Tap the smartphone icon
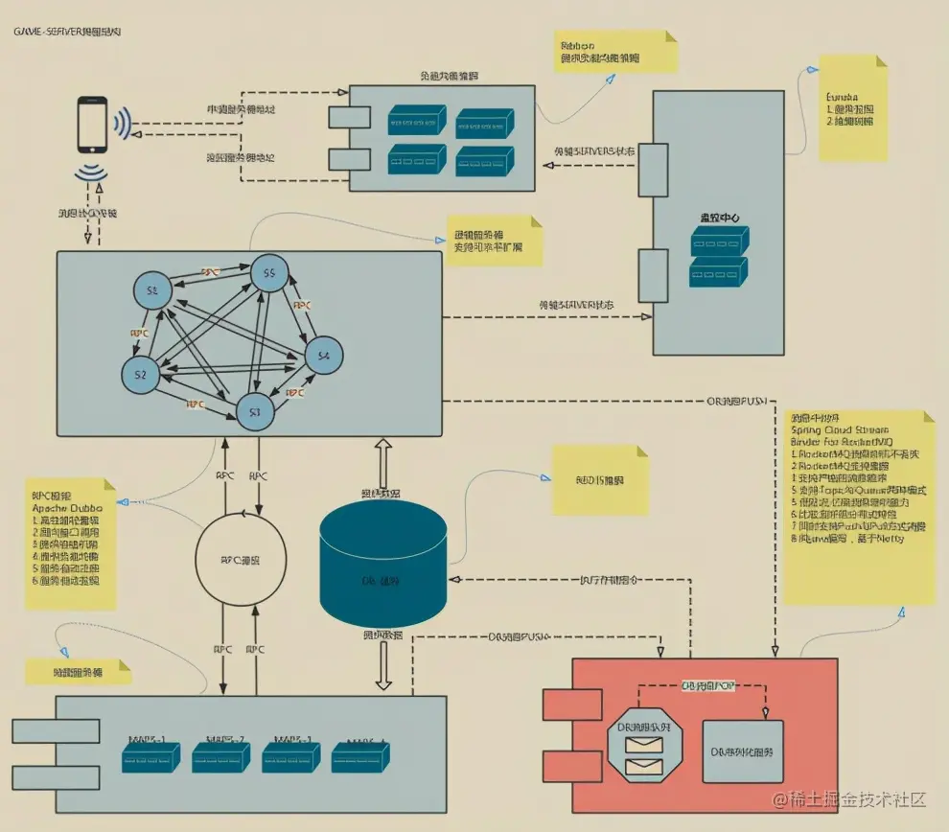pos(92,125)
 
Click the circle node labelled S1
pos(152,289)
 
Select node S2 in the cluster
pos(141,373)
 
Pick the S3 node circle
pos(255,410)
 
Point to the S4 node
pos(323,357)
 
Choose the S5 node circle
pos(269,274)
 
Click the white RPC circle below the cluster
pos(241,561)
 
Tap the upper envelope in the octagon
pos(644,740)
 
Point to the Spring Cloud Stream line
pos(838,430)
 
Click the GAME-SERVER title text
pos(66,32)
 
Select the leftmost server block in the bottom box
pos(150,758)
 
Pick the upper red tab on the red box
pos(558,705)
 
